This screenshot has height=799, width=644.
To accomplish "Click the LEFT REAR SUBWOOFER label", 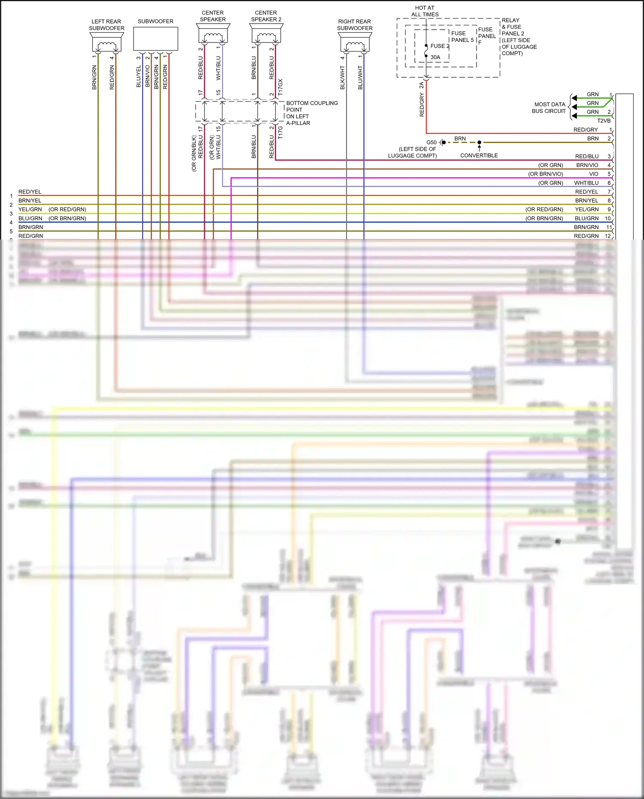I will [106, 25].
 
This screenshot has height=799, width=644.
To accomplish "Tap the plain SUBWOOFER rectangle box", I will [155, 39].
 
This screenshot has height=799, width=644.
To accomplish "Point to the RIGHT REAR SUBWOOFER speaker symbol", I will [355, 43].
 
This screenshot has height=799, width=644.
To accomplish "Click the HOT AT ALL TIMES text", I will [425, 11].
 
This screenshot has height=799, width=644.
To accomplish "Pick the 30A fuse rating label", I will [435, 57].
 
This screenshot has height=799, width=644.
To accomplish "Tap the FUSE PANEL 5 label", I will [462, 36].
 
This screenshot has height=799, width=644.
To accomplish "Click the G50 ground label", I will [431, 143].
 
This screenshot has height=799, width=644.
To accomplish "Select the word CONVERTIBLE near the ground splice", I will [479, 155].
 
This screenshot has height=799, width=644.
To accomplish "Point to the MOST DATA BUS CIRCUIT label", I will [550, 108].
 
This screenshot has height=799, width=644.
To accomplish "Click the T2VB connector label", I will [603, 121].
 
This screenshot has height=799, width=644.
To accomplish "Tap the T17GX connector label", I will [281, 87].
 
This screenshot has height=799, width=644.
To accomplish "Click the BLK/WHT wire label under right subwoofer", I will [343, 78].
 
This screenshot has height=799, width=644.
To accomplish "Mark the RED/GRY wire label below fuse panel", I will [422, 105].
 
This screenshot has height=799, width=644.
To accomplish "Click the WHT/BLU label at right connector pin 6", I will [586, 183].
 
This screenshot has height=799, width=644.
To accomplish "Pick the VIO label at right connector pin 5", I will [593, 174].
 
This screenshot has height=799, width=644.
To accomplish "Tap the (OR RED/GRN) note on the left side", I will [67, 210].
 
